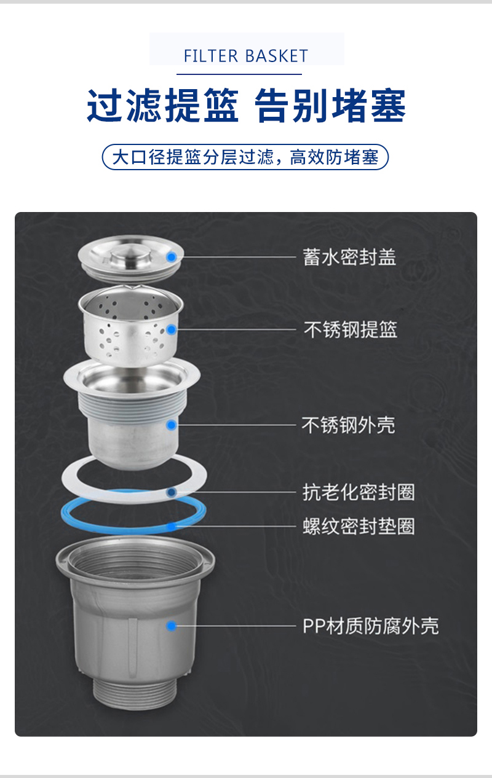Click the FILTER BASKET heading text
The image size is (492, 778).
[x=246, y=56]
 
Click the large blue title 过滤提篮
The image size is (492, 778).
[x=163, y=106]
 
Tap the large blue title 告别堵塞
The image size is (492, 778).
[x=330, y=106]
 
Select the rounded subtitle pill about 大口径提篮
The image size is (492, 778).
[x=245, y=157]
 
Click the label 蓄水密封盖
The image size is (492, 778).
[x=349, y=257]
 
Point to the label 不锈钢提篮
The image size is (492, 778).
[x=351, y=329]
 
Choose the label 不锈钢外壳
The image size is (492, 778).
[x=349, y=425]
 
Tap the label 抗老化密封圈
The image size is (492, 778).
[x=359, y=492]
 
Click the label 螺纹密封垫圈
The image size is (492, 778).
[x=359, y=526]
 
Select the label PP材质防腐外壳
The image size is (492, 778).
[x=371, y=626]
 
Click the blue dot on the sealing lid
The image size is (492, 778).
[x=171, y=257]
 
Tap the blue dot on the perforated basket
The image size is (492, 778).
[x=171, y=329]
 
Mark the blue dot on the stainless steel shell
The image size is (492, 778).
[x=171, y=425]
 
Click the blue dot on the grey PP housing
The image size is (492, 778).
[x=171, y=626]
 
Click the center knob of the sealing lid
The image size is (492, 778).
[x=131, y=254]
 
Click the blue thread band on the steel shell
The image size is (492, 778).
[x=132, y=404]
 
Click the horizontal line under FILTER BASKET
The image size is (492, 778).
[x=239, y=74]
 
